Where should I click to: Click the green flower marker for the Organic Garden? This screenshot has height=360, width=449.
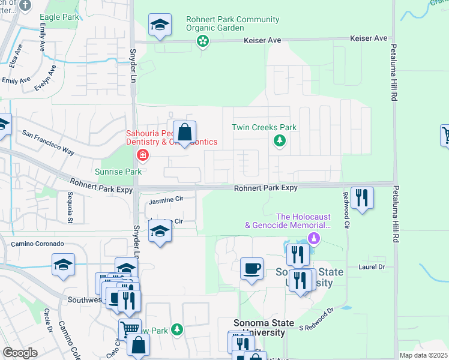[203, 41]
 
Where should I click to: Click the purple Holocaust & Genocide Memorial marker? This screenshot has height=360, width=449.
[313, 239]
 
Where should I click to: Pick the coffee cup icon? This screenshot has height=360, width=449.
[252, 268]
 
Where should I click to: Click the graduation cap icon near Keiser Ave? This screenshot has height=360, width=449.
[160, 25]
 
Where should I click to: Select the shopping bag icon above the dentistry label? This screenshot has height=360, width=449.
[185, 131]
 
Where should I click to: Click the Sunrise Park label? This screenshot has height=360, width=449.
[118, 172]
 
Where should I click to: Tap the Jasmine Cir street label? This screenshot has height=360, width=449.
[164, 199]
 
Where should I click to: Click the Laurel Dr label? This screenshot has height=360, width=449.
[373, 266]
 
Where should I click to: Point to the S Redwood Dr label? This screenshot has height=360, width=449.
[316, 320]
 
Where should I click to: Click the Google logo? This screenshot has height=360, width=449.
[20, 353]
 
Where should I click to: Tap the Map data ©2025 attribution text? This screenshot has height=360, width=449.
[423, 355]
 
